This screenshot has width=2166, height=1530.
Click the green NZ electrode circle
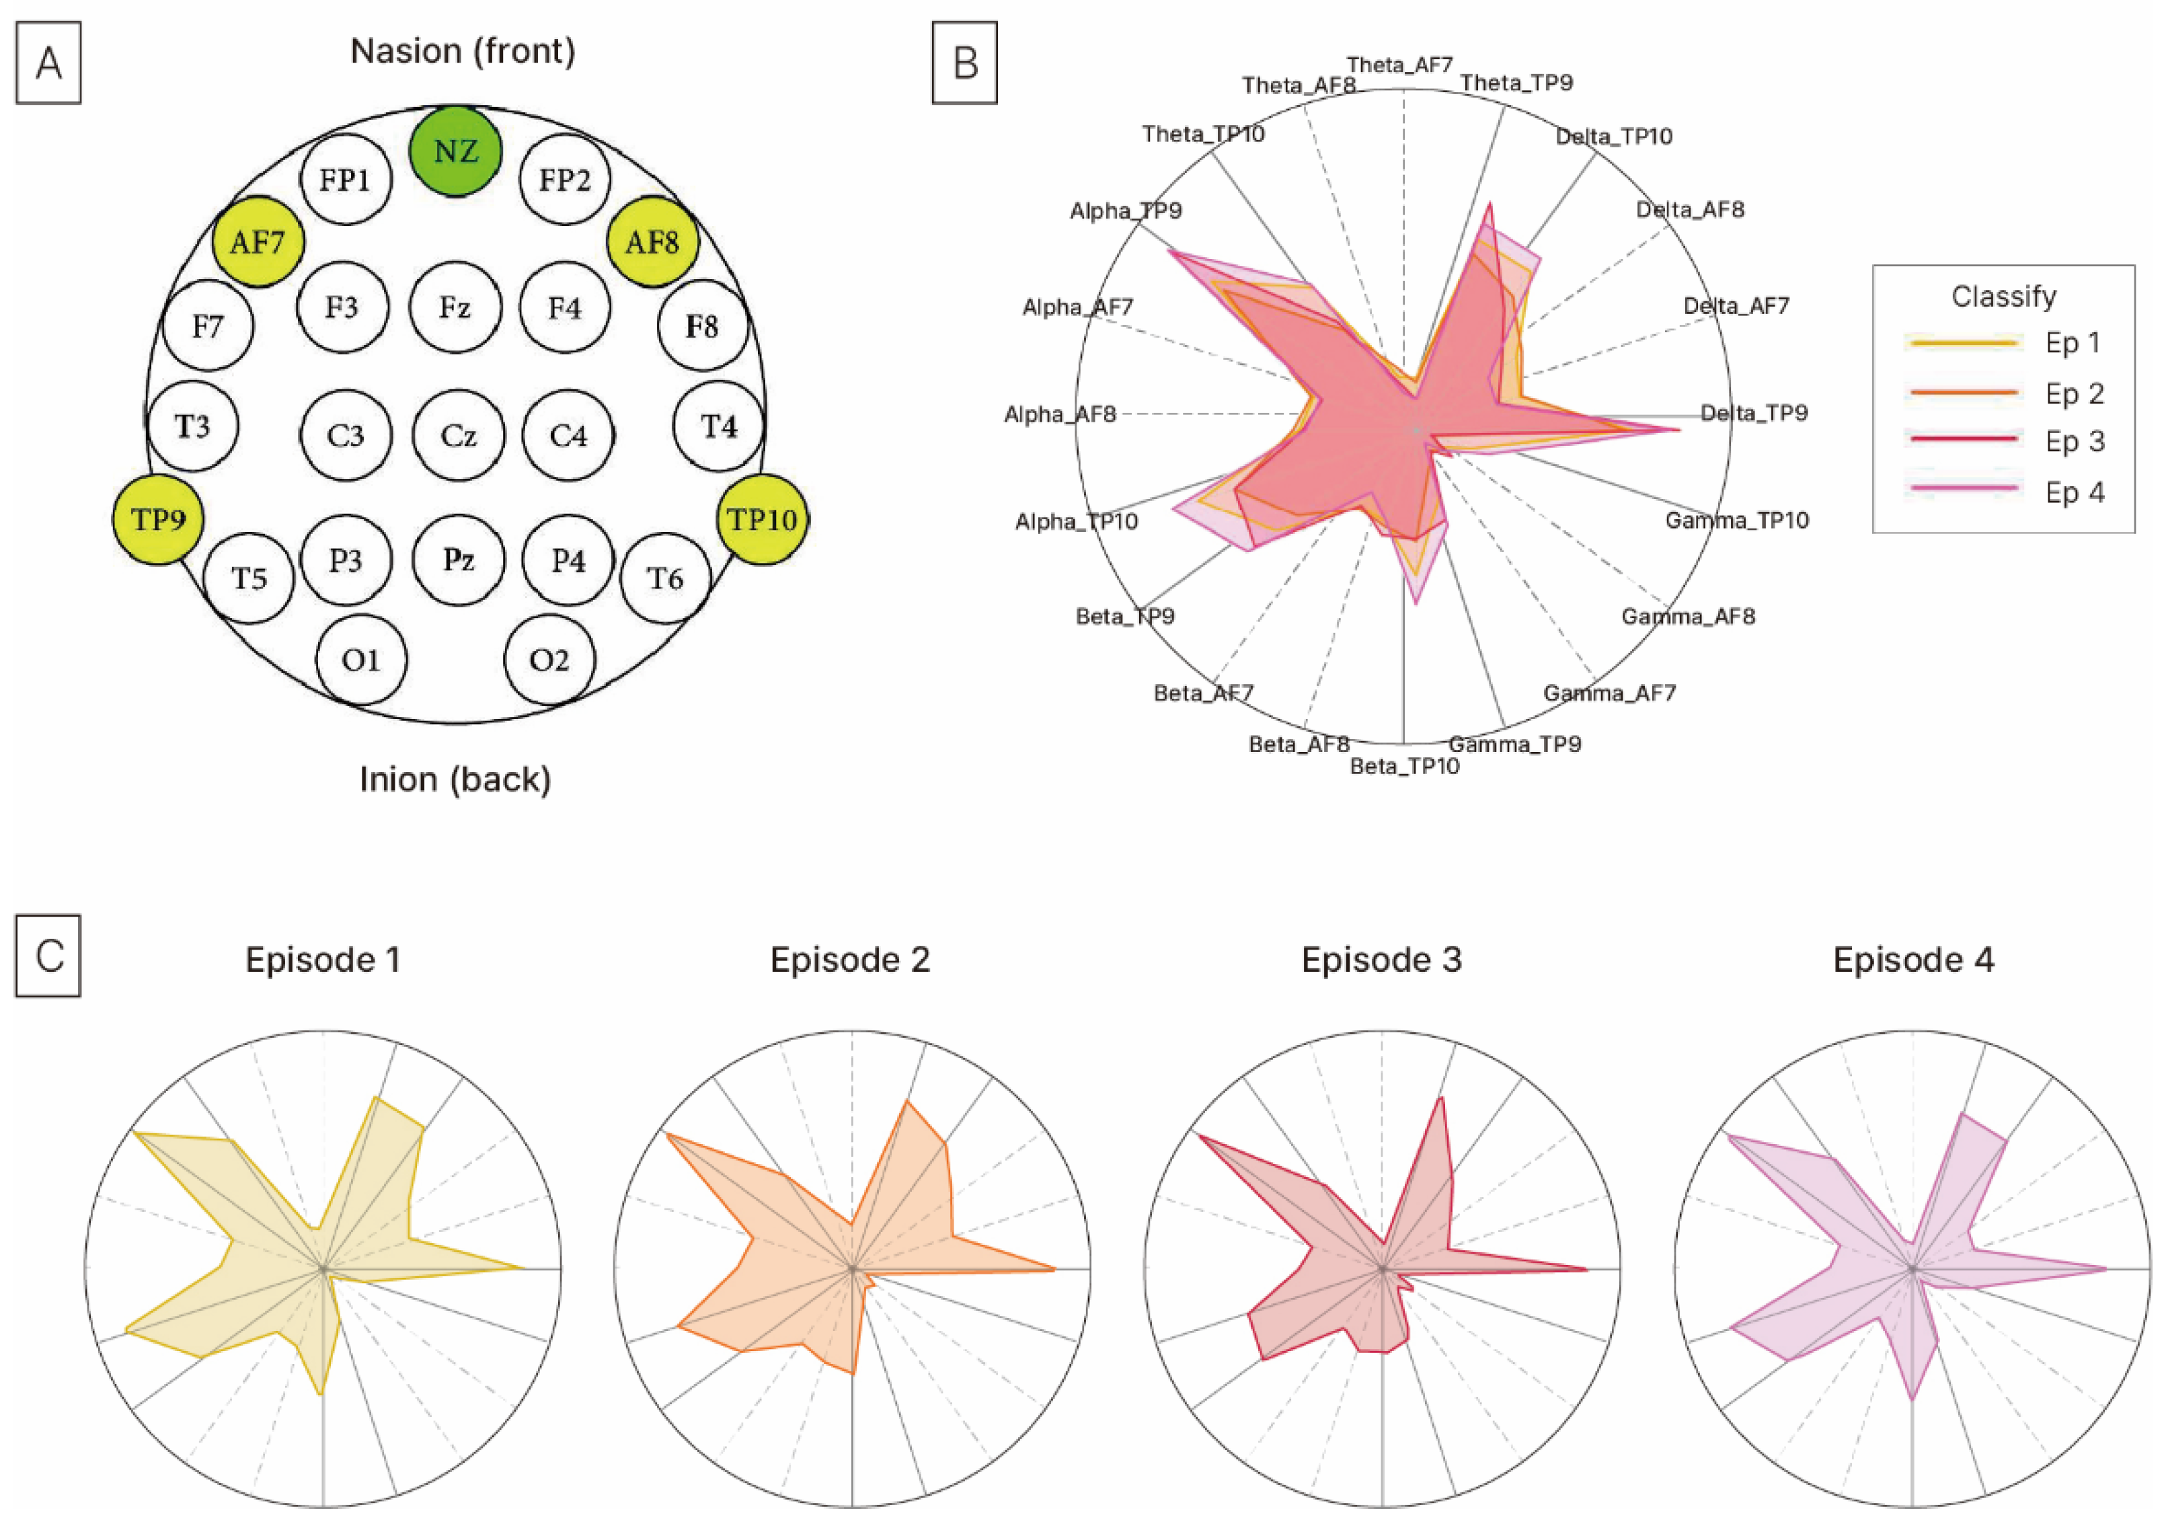pyautogui.click(x=456, y=151)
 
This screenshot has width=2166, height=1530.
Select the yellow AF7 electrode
pyautogui.click(x=258, y=242)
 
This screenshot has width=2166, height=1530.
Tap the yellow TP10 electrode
pyautogui.click(x=763, y=519)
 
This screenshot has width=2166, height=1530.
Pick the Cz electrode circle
pyautogui.click(x=459, y=436)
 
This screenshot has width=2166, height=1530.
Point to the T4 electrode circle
pyautogui.click(x=719, y=426)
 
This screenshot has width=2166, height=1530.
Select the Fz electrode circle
pyautogui.click(x=455, y=307)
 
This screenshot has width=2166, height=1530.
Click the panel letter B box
pyautogui.click(x=964, y=63)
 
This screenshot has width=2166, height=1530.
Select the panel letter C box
pyautogui.click(x=48, y=956)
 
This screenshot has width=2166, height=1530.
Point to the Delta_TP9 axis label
pyautogui.click(x=1754, y=413)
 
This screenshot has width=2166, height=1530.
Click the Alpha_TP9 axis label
pyautogui.click(x=1126, y=211)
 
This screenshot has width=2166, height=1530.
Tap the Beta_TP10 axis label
pyautogui.click(x=1405, y=766)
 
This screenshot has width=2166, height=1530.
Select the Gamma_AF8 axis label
pyautogui.click(x=1688, y=617)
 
